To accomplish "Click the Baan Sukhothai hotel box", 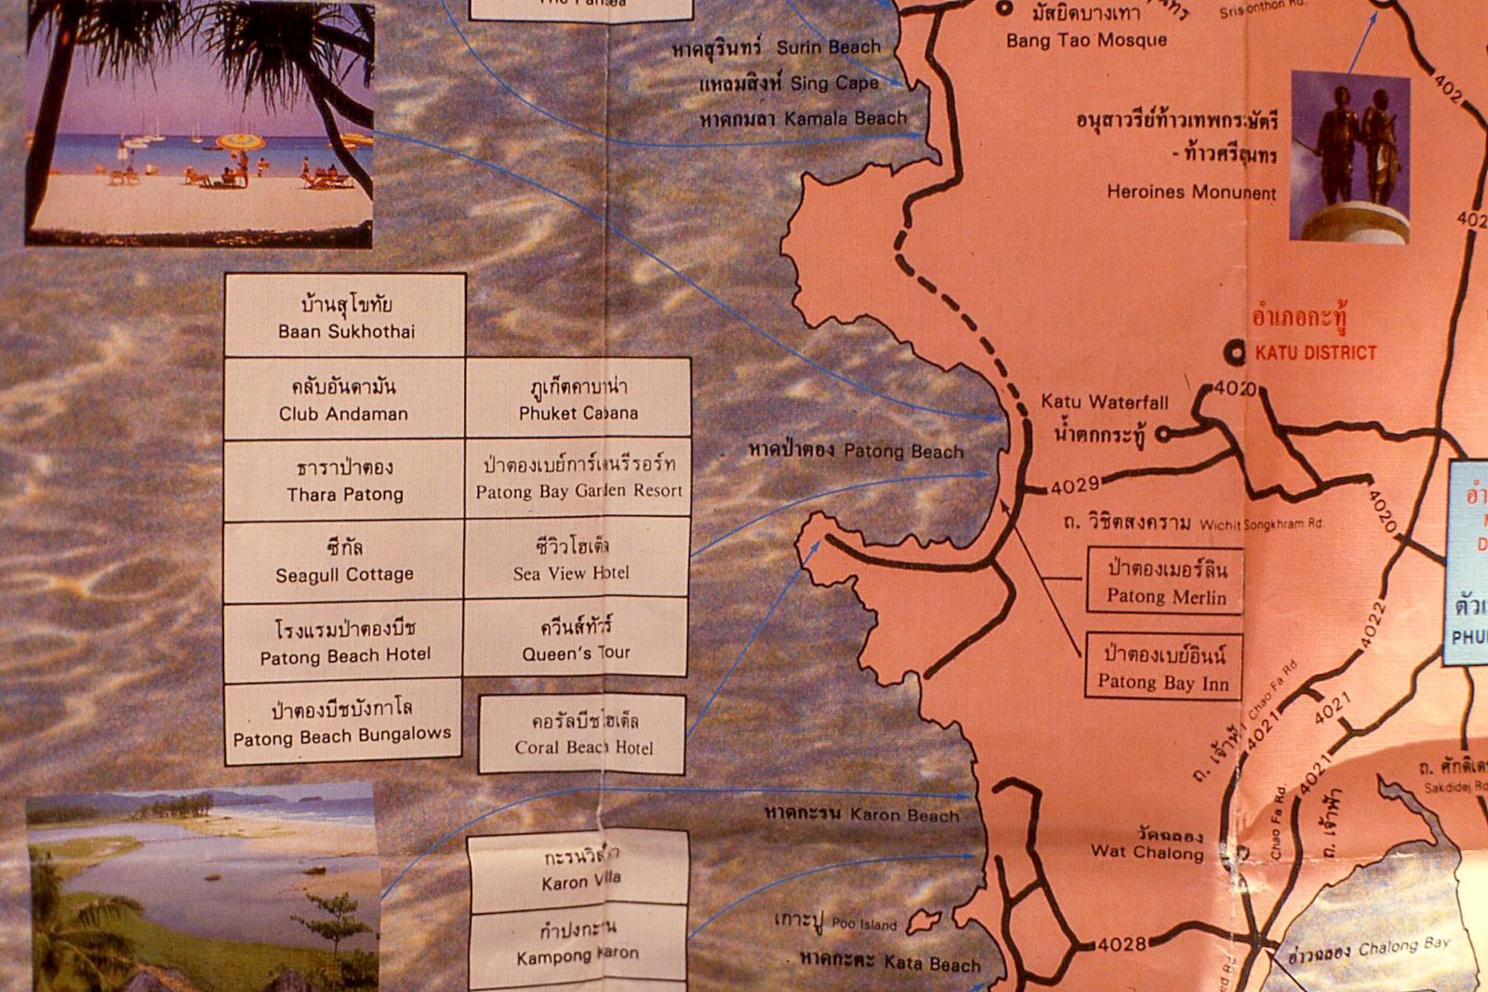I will pyautogui.click(x=345, y=316).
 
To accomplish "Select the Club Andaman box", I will pyautogui.click(x=344, y=399).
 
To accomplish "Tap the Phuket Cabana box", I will pyautogui.click(x=578, y=399).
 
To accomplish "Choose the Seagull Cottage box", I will pyautogui.click(x=344, y=561).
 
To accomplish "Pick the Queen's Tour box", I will pyautogui.click(x=576, y=639).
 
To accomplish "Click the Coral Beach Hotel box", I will pyautogui.click(x=583, y=734).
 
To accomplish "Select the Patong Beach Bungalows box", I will pyautogui.click(x=342, y=722).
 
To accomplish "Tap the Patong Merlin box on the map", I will pyautogui.click(x=1165, y=582).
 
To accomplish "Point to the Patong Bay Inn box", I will pyautogui.click(x=1163, y=668).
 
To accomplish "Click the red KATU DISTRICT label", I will pyautogui.click(x=1315, y=352).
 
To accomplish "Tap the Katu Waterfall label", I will pyautogui.click(x=1104, y=402).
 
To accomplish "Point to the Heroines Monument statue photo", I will pyautogui.click(x=1349, y=157).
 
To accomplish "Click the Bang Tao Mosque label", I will pyautogui.click(x=1086, y=40).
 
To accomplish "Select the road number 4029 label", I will pyautogui.click(x=1075, y=484).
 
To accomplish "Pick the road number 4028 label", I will pyautogui.click(x=1123, y=945).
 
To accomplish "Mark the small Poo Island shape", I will pyautogui.click(x=923, y=921).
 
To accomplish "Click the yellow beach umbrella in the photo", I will pyautogui.click(x=240, y=142).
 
